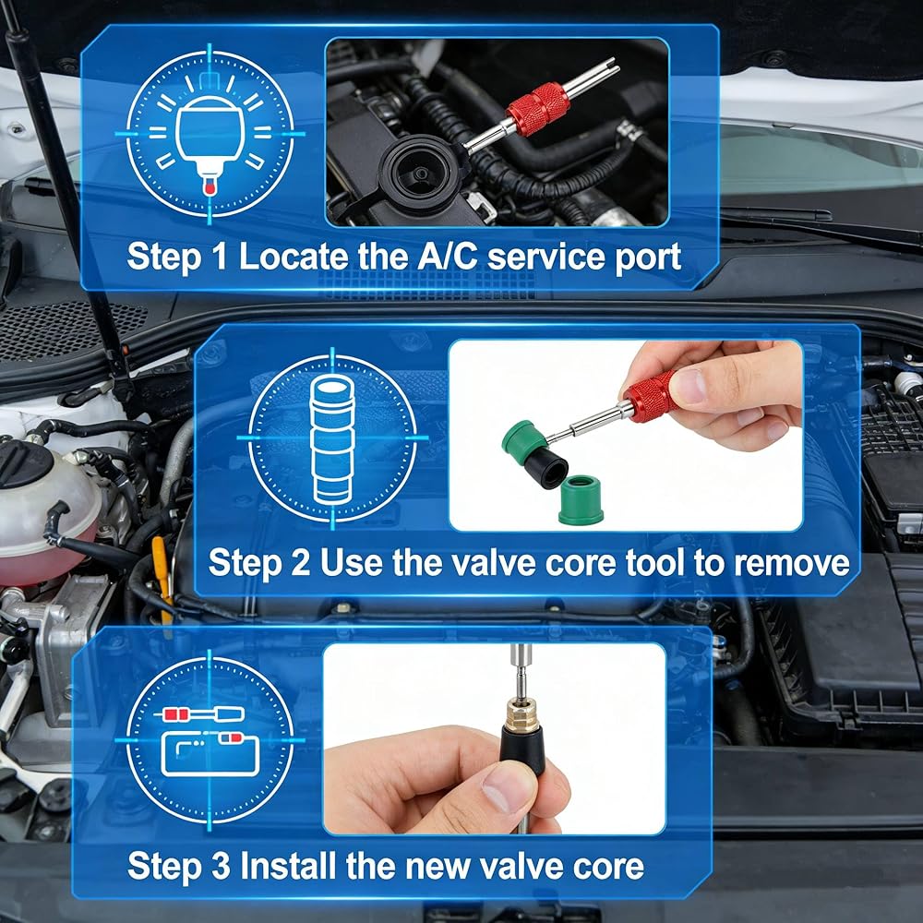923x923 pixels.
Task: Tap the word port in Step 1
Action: point(648,259)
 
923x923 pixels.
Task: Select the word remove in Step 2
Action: point(792,563)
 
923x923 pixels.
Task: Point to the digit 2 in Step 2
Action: point(300,562)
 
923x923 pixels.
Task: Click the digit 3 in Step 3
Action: point(221,867)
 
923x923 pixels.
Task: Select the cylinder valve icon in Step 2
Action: point(332,439)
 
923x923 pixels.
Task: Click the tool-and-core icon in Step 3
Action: point(210,741)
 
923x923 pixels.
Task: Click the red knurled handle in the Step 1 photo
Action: point(538,108)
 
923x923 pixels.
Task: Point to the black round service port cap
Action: point(419,173)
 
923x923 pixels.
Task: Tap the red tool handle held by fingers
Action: point(651,397)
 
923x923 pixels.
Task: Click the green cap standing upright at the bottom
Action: point(581,499)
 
